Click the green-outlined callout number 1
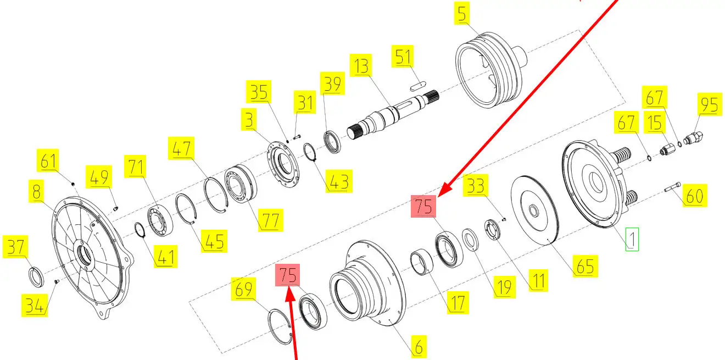(632, 239)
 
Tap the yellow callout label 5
(462, 13)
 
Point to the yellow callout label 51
(403, 56)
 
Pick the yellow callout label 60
(695, 196)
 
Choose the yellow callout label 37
(15, 247)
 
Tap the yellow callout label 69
(243, 289)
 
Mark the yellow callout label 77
(271, 220)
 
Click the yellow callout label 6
(419, 347)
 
